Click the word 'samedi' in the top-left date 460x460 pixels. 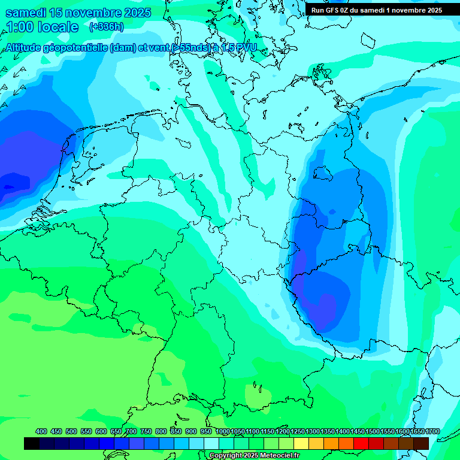[x=28, y=13]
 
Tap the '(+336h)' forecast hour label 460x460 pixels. [x=106, y=26]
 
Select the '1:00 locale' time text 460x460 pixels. [x=42, y=27]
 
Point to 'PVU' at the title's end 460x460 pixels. [x=245, y=48]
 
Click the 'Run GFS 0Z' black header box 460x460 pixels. [x=376, y=10]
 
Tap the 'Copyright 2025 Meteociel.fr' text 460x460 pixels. [x=254, y=456]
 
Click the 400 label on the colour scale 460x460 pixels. [x=41, y=431]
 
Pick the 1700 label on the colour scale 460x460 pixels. [x=417, y=431]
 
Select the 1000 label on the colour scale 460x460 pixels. [x=222, y=431]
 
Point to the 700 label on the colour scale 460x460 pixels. [x=131, y=431]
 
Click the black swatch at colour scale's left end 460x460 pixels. [x=32, y=443]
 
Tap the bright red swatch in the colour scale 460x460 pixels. [x=361, y=443]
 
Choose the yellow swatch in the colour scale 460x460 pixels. [x=301, y=443]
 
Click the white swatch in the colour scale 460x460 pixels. [x=211, y=443]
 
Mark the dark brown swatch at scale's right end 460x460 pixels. [x=421, y=443]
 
